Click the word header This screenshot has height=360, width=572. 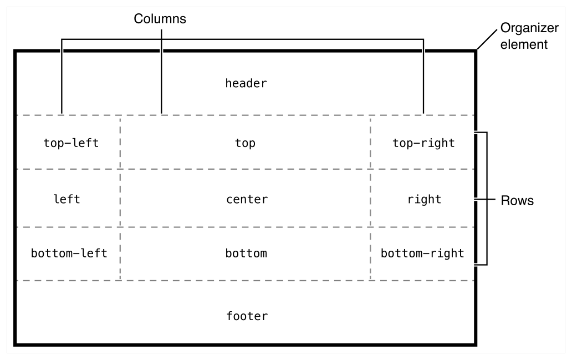click(246, 84)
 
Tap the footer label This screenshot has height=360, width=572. click(247, 317)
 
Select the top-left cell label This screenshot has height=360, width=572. click(71, 143)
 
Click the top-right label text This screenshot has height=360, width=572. click(423, 143)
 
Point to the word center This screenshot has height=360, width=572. click(247, 199)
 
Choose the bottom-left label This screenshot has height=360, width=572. click(69, 253)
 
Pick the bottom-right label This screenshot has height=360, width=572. click(422, 253)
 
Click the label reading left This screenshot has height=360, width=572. click(66, 199)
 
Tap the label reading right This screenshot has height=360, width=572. click(424, 199)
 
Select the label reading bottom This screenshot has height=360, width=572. click(246, 253)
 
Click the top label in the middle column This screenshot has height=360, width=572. click(245, 143)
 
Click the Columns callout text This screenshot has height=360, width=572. click(160, 19)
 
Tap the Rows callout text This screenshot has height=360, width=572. click(517, 201)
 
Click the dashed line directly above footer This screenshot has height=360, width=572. click(246, 281)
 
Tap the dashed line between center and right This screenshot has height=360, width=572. click(370, 199)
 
